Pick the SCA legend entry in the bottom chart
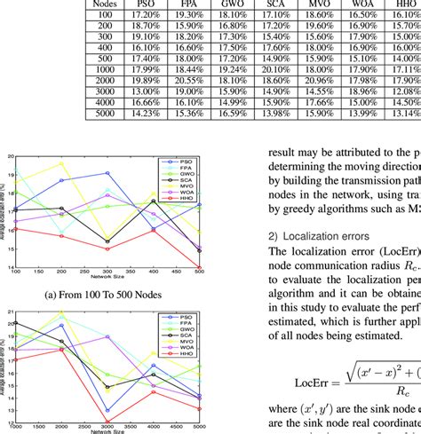coord(189,337)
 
